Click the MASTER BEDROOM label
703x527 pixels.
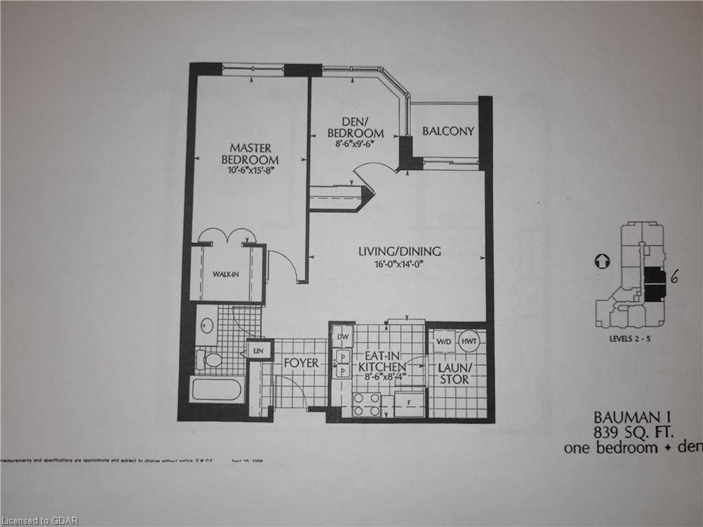tap(250, 154)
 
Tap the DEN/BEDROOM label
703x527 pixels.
tap(355, 127)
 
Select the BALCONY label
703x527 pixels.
tap(448, 131)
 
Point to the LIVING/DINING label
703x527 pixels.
tap(400, 251)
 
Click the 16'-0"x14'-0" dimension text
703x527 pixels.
tap(400, 264)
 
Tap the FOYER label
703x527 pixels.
tap(301, 362)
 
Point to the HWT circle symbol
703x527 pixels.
tap(470, 341)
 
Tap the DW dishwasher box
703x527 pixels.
tap(342, 337)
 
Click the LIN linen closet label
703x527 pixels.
tap(258, 351)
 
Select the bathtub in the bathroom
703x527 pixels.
tap(216, 390)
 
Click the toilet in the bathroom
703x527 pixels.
tap(209, 359)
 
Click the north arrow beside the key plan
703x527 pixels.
tap(601, 261)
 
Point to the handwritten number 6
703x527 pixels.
tap(675, 277)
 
